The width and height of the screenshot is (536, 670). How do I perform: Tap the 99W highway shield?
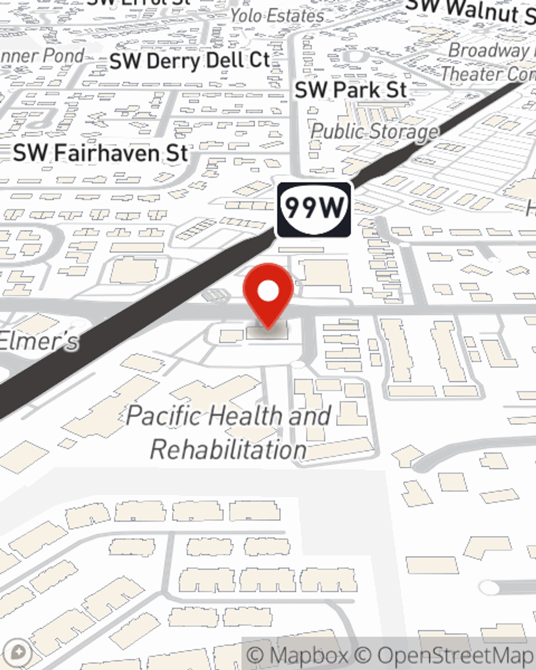click(314, 209)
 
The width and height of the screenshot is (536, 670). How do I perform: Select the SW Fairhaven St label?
click(101, 153)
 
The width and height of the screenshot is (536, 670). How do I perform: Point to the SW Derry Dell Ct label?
click(189, 61)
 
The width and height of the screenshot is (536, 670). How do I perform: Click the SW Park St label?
click(351, 90)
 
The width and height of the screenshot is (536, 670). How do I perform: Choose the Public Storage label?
click(374, 131)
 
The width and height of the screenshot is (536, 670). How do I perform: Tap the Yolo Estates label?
click(277, 16)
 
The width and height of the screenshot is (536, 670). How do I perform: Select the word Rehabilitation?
click(228, 449)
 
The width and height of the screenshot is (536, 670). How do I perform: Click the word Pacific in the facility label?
click(165, 415)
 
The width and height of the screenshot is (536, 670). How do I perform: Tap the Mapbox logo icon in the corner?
click(18, 652)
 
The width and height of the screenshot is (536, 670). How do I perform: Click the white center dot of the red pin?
click(269, 292)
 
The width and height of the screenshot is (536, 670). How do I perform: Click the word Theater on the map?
click(472, 73)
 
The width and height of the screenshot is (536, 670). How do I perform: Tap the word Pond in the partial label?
click(63, 55)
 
